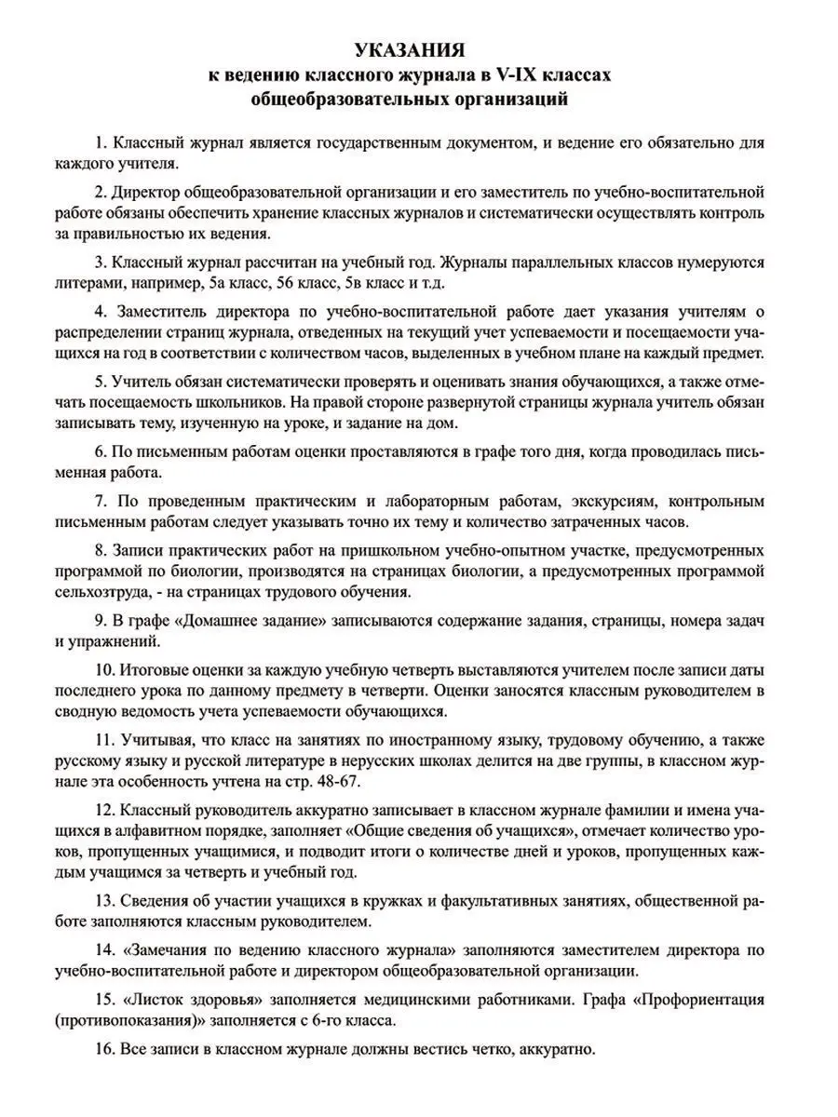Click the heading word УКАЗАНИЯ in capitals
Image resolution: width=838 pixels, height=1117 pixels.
[x=419, y=49]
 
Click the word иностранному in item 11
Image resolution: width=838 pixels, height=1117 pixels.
[x=446, y=739]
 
